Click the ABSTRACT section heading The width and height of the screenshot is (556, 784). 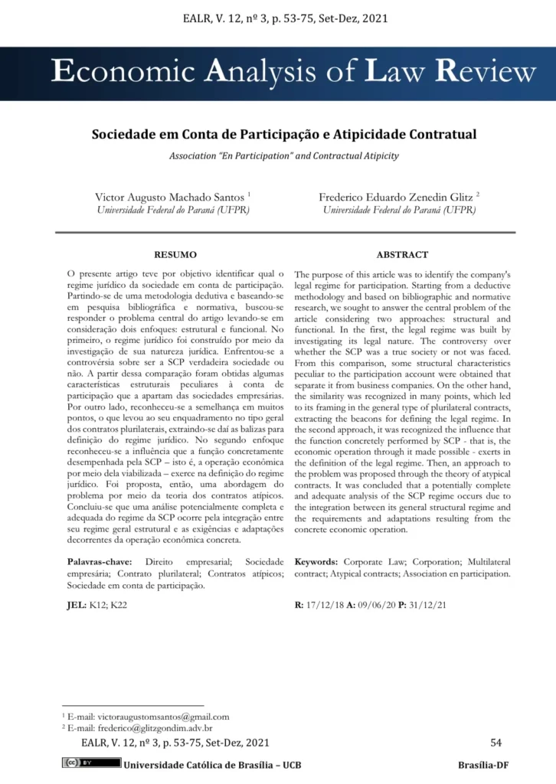pos(402,254)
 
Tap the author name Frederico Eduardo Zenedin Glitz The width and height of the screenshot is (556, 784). pos(397,197)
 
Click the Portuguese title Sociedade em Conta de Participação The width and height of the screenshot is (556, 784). pos(283,134)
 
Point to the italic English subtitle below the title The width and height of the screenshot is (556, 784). pos(283,155)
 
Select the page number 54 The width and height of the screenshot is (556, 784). pos(495,742)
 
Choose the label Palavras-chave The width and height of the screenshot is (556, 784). pos(100,562)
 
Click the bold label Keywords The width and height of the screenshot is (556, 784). pos(317,562)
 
